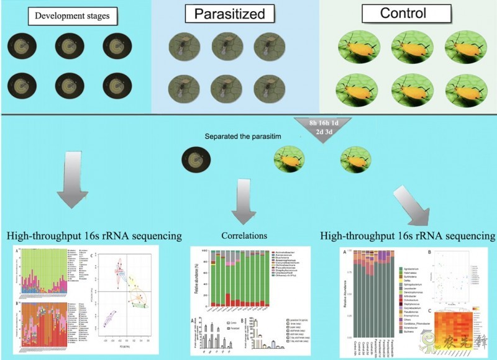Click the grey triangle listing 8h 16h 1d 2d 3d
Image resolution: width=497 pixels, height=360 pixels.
pos(324,128)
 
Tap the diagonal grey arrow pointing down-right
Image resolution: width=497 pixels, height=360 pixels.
pos(413,205)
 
